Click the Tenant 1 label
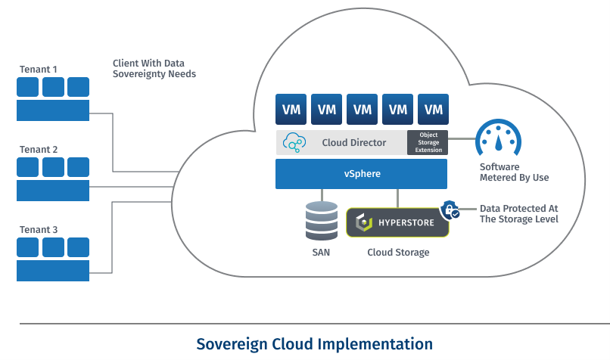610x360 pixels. [x=39, y=70]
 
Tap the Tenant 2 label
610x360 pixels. [x=39, y=150]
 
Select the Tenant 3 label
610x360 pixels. [x=39, y=230]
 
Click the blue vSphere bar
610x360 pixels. [x=361, y=175]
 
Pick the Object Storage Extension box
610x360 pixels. [x=428, y=142]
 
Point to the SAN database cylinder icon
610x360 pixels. [x=322, y=221]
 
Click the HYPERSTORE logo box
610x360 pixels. [x=397, y=222]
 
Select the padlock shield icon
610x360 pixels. [x=450, y=209]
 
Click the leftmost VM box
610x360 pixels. [x=291, y=110]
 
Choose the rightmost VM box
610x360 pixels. [x=433, y=110]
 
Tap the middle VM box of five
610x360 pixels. [x=362, y=110]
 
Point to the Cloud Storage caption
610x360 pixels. [x=398, y=252]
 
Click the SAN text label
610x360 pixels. [x=320, y=252]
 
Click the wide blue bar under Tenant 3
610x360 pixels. [x=53, y=270]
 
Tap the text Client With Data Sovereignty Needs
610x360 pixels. [x=154, y=69]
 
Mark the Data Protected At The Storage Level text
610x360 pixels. [x=518, y=213]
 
